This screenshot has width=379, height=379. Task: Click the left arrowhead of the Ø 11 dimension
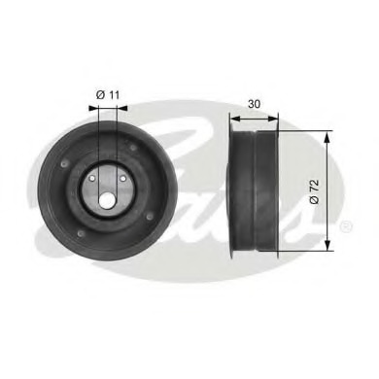96,109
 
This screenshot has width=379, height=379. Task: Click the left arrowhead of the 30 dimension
231,116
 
